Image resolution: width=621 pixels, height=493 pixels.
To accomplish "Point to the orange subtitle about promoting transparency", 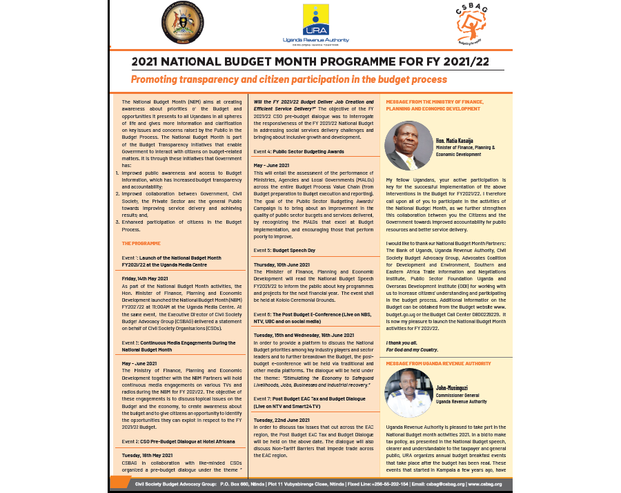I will pos(289,79).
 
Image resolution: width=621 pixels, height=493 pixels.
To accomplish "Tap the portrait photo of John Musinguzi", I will pos(408,392).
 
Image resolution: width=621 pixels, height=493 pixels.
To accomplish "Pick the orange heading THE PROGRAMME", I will pos(141,244).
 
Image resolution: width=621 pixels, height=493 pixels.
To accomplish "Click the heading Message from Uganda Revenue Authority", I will pos(438,362).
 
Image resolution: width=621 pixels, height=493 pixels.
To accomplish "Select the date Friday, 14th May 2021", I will pos(145,278).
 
